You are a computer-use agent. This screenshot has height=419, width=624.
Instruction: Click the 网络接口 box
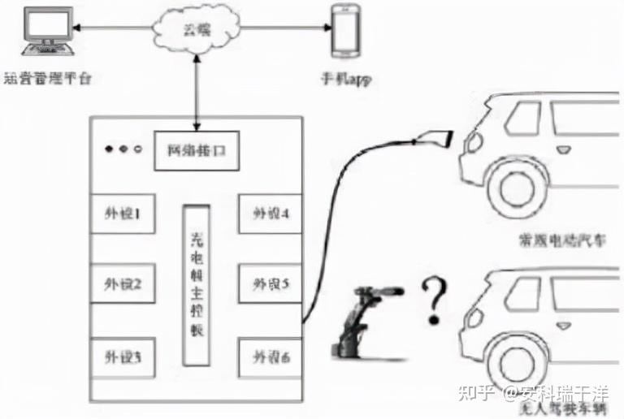pyautogui.click(x=197, y=150)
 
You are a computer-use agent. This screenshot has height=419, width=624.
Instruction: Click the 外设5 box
pyautogui.click(x=271, y=285)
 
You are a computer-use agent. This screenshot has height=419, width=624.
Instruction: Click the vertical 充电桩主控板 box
pyautogui.click(x=197, y=284)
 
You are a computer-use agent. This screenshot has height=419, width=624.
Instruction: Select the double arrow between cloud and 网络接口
pyautogui.click(x=195, y=89)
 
